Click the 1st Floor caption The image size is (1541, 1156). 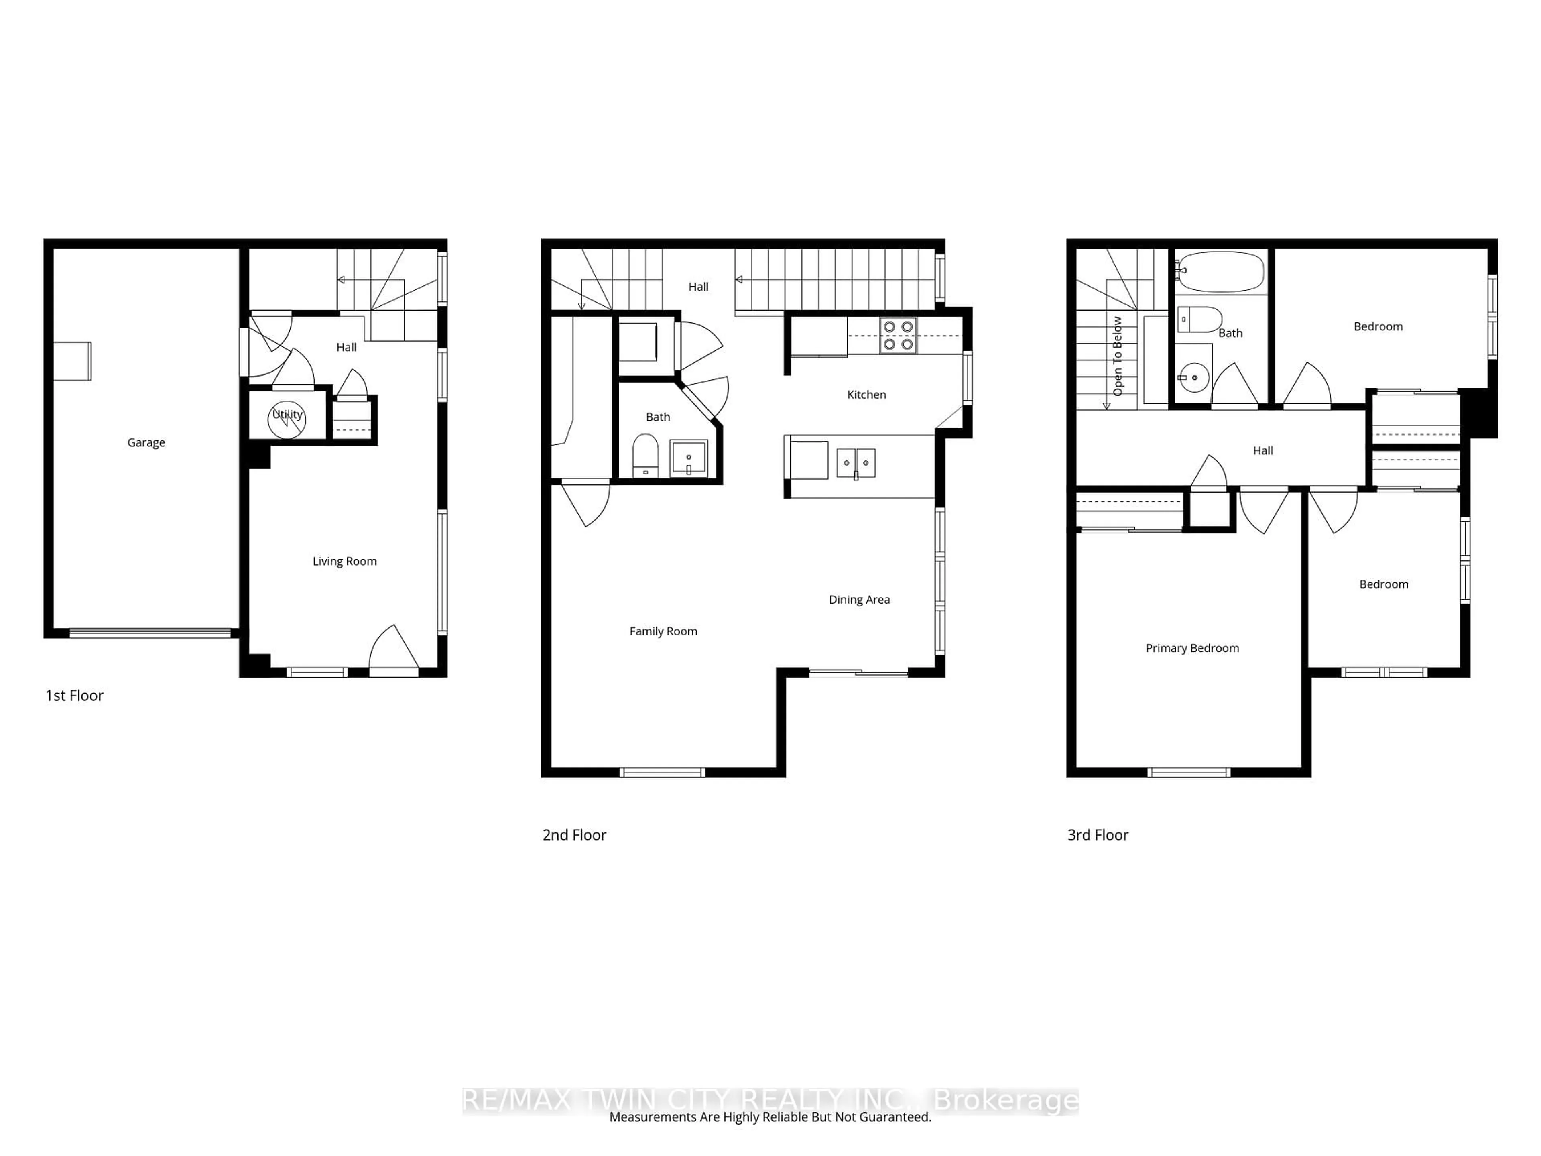tap(75, 696)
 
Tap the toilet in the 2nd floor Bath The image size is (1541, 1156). tap(645, 456)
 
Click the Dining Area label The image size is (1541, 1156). tap(859, 600)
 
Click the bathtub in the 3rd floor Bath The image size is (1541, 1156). tap(1220, 272)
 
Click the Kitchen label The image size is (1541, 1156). tap(866, 395)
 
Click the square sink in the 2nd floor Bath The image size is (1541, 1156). tap(688, 458)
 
